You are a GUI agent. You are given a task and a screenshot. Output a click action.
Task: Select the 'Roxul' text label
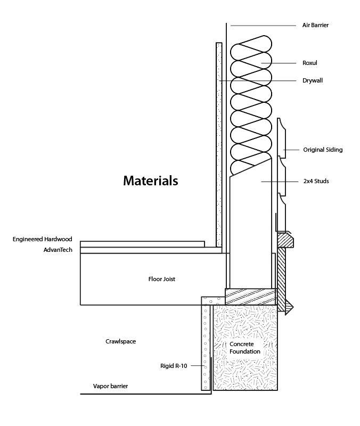[309, 63]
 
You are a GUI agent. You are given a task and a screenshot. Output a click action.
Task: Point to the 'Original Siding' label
[323, 150]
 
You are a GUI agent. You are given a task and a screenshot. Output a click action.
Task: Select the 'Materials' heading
[150, 181]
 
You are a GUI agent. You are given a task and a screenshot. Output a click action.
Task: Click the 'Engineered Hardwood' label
[42, 240]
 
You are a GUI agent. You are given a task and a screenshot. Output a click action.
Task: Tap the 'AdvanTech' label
[57, 249]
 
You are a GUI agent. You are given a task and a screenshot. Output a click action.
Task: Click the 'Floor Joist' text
[162, 278]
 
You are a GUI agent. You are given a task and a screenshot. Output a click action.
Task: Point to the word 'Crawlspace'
[120, 341]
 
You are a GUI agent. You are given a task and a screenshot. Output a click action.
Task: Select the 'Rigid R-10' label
[174, 366]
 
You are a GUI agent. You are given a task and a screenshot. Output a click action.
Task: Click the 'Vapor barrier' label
[110, 386]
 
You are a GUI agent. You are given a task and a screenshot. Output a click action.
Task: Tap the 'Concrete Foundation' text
[245, 348]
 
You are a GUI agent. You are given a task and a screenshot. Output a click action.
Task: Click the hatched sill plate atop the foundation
[250, 296]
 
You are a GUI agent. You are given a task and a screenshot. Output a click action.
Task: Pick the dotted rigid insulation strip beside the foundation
[206, 346]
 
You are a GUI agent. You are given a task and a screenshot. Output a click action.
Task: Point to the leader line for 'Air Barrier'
[261, 25]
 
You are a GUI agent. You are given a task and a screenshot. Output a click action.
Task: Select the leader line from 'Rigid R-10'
[197, 366]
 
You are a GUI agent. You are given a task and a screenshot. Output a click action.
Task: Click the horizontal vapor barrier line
[144, 394]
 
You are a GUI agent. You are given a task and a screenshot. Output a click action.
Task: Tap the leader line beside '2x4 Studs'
[280, 181]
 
